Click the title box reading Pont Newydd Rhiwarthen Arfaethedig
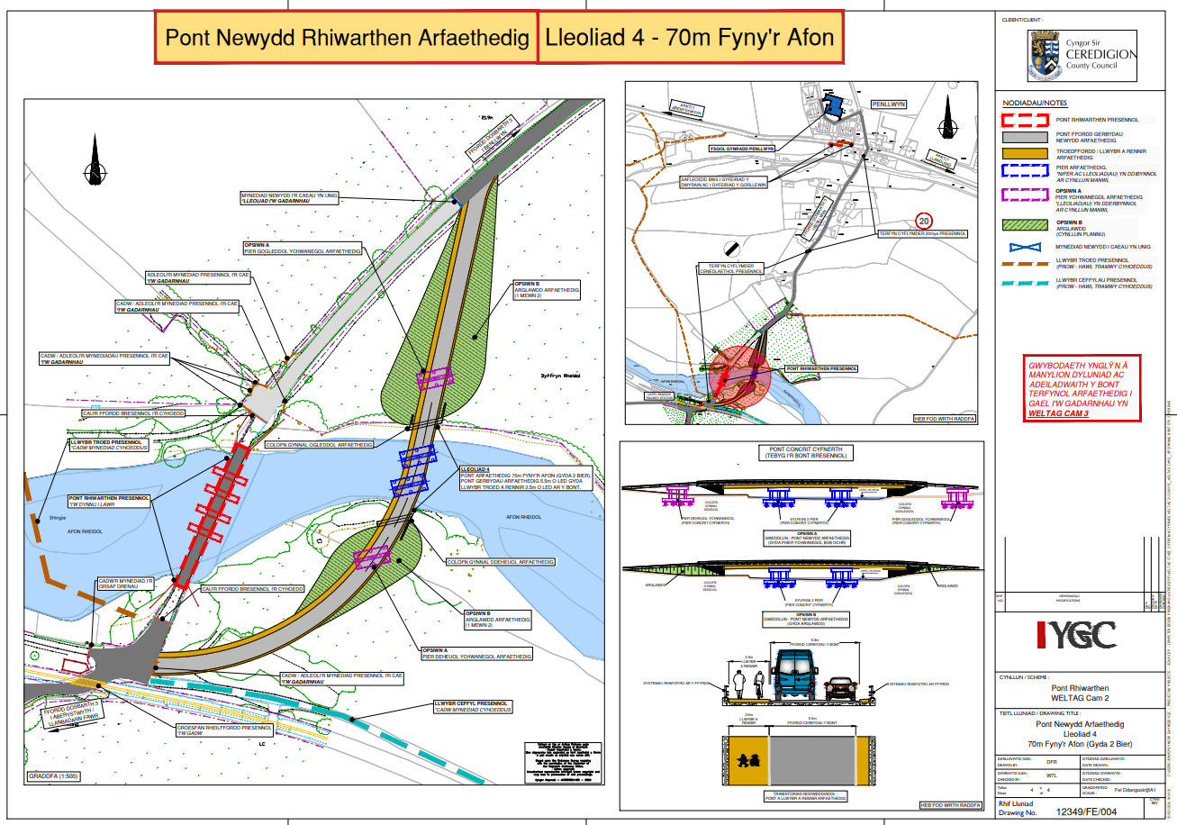tap(347, 38)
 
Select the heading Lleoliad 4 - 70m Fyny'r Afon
tap(690, 38)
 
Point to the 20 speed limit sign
tap(923, 220)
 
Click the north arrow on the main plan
tap(94, 160)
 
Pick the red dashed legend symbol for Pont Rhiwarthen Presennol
tap(1023, 119)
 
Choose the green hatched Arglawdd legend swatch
tap(1023, 225)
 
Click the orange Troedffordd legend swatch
tap(1023, 152)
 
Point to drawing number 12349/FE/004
tap(1092, 811)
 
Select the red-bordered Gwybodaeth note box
tap(1083, 389)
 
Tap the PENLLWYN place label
tap(887, 104)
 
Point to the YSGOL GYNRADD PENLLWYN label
tap(743, 149)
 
